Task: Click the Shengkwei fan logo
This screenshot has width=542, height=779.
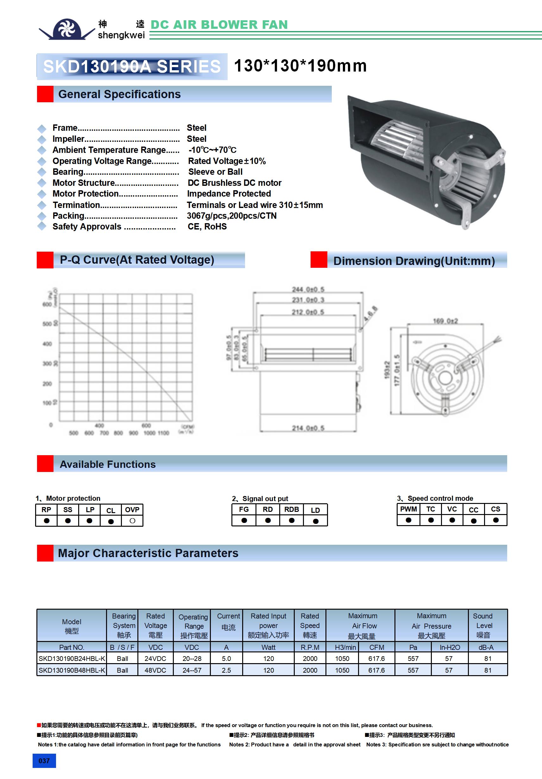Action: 67,29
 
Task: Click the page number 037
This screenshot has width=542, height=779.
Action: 44,761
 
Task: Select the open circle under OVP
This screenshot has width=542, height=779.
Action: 132,520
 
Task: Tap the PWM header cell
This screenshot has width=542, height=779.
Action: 408,509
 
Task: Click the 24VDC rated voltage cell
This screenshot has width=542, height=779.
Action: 155,658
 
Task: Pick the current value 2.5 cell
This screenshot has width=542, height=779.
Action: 226,670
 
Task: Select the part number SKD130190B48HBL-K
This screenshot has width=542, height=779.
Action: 72,670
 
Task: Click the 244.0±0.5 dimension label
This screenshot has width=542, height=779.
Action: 308,289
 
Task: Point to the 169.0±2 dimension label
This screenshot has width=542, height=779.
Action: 445,321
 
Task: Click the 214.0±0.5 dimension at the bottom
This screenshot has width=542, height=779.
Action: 308,428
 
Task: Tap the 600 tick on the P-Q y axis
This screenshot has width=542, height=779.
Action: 47,304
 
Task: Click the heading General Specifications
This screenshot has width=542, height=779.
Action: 119,94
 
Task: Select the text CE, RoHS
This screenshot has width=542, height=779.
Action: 207,227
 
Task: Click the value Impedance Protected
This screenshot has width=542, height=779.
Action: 229,194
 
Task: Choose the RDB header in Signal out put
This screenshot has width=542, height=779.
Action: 292,509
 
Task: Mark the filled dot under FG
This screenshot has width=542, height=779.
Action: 244,520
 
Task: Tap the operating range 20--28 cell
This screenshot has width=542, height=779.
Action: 192,658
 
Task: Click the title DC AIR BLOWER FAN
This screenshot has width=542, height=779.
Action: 219,25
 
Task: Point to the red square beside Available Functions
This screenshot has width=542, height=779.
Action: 45,463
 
